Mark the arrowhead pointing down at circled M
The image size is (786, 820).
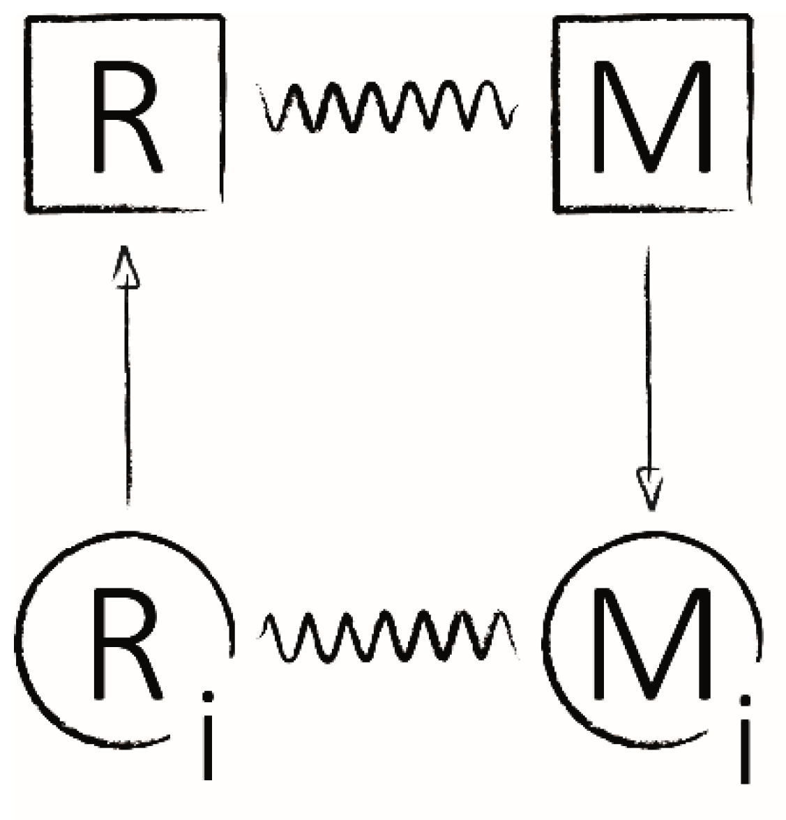coord(650,488)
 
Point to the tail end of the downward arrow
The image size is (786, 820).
coord(649,248)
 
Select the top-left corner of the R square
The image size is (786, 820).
coord(28,20)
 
